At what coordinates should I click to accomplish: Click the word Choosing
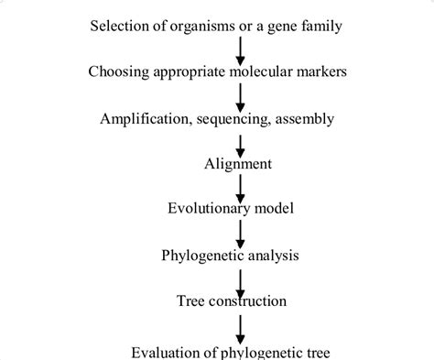tap(119, 72)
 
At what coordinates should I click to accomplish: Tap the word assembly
tap(305, 119)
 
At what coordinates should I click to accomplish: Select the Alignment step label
tap(238, 164)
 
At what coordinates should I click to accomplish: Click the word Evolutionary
tap(209, 209)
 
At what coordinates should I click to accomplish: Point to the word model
tap(274, 208)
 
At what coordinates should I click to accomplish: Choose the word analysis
tap(274, 256)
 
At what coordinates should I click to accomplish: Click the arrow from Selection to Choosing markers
tap(241, 51)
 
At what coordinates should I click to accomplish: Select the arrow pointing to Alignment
tap(241, 147)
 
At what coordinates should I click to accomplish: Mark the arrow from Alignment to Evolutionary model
tap(241, 189)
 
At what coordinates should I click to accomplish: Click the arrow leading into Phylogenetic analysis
tap(241, 235)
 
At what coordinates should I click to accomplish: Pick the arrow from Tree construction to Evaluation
tap(241, 330)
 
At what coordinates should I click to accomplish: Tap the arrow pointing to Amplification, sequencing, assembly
tap(241, 98)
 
